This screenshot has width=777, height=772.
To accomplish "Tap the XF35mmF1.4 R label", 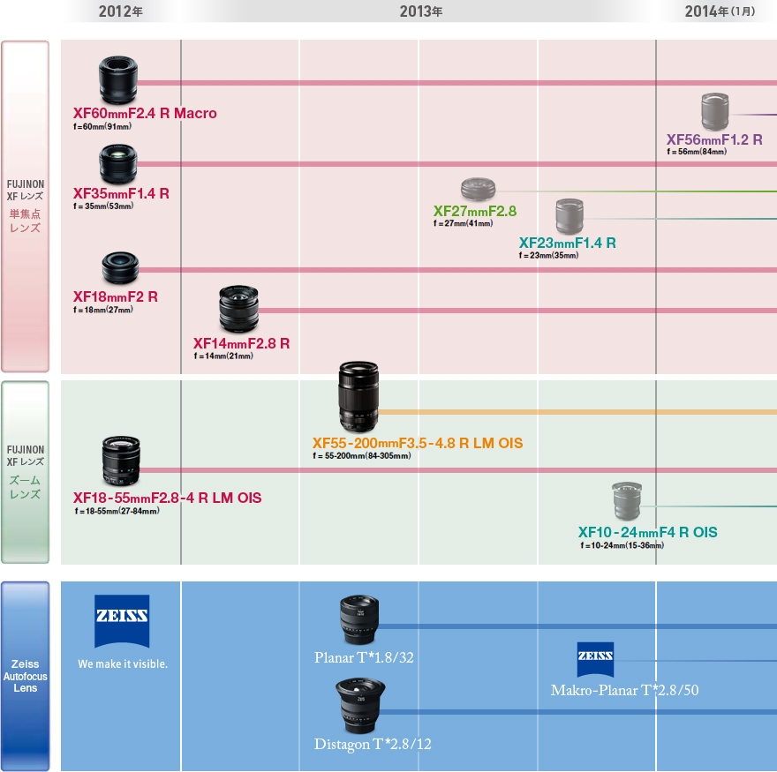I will (x=121, y=193).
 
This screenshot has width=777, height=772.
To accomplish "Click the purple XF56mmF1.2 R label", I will (x=714, y=139).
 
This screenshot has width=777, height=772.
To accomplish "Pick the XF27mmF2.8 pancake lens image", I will (x=478, y=189).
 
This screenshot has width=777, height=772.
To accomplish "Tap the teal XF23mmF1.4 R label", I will (x=567, y=243).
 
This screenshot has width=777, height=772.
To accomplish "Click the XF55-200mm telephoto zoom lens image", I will (x=358, y=396).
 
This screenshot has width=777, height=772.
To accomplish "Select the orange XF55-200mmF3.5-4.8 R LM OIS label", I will (x=418, y=442).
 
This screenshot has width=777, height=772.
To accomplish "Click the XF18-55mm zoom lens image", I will (x=121, y=461).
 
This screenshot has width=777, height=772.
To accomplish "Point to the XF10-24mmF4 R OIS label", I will (x=647, y=532).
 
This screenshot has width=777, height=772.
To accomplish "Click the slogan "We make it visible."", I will (x=122, y=663).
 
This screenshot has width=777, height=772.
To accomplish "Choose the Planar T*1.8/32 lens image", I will (x=358, y=620).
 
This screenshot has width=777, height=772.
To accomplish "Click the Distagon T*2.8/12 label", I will (x=373, y=745).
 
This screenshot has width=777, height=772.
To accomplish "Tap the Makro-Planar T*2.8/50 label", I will (x=624, y=690).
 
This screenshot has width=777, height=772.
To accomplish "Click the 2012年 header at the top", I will (x=121, y=11).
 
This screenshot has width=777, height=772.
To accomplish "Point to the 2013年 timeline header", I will (x=420, y=11).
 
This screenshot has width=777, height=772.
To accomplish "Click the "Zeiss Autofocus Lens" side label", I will (x=26, y=676).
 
